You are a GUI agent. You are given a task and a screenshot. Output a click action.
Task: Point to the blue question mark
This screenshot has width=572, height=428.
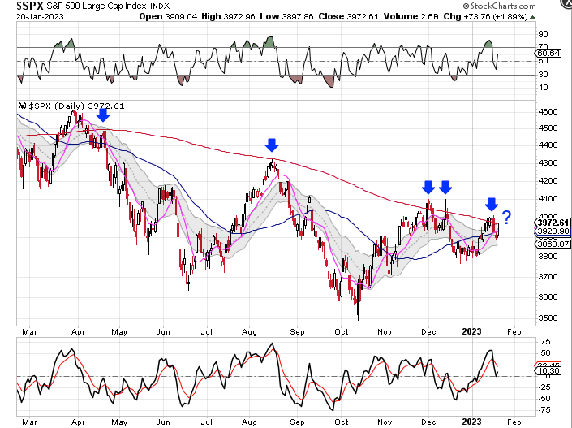coord(507,218)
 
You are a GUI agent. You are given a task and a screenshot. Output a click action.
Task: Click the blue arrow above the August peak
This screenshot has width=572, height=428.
coord(272,145)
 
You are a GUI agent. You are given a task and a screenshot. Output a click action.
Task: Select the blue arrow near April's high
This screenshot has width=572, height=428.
coord(102,117)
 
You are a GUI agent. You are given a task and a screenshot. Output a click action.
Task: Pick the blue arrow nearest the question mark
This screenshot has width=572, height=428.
coord(491,203)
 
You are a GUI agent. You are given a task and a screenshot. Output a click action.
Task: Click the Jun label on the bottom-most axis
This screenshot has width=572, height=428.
coord(162,422)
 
